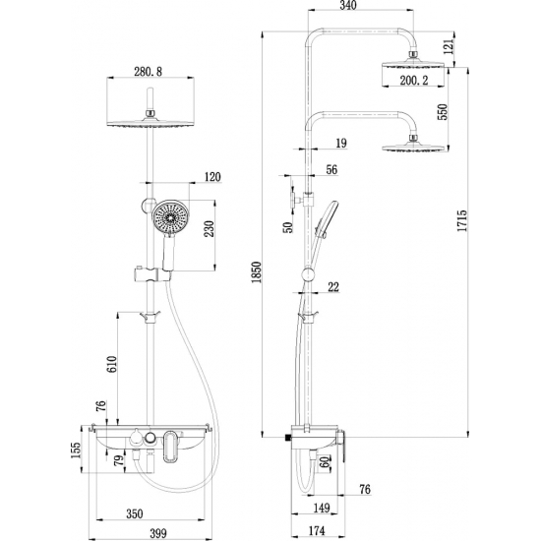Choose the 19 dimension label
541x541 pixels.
(340, 144)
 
